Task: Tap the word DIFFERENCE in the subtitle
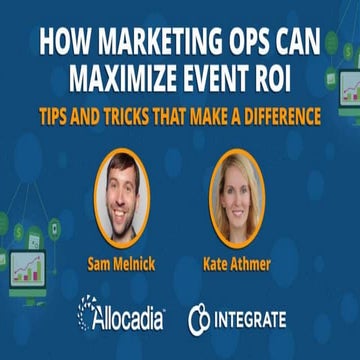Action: tap(277, 116)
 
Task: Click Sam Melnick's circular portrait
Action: tap(122, 196)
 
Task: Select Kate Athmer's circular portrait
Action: tap(237, 196)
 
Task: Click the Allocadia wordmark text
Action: tap(132, 319)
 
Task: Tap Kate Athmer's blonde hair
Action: tap(222, 190)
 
